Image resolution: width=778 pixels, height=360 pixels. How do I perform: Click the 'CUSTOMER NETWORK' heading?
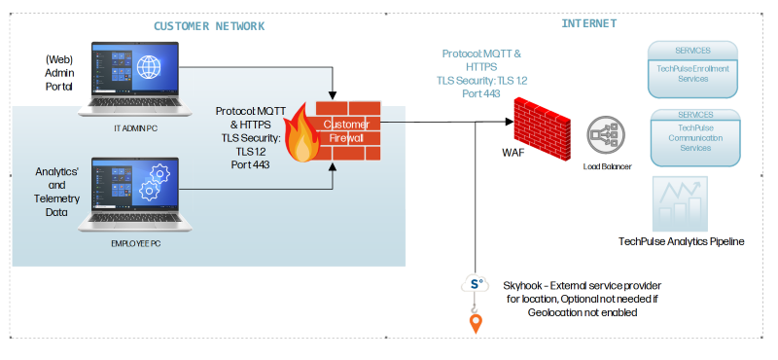click(x=210, y=24)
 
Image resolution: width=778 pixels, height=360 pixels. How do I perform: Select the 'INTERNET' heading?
click(x=587, y=22)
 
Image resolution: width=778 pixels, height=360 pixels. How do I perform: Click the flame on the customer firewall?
click(x=305, y=136)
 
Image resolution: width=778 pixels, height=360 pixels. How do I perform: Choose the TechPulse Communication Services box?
click(x=694, y=135)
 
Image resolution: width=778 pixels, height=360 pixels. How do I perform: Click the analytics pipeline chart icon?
click(x=680, y=203)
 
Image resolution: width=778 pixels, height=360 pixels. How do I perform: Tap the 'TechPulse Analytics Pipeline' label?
click(x=681, y=240)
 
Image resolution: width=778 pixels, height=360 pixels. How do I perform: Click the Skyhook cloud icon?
click(x=475, y=283)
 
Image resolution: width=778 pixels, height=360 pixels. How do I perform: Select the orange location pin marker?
click(x=476, y=321)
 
